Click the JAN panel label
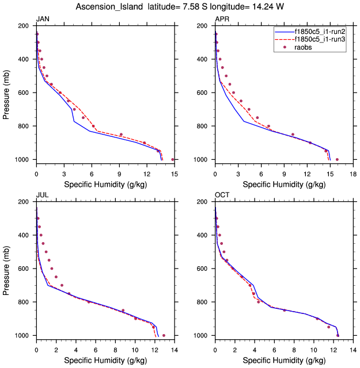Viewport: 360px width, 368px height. point(43,20)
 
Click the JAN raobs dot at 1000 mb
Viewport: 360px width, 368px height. point(173,159)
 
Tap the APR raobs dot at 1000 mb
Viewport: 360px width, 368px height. point(337,159)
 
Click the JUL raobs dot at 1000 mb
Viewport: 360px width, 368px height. point(164,335)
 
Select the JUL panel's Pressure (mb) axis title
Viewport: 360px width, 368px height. point(6,269)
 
